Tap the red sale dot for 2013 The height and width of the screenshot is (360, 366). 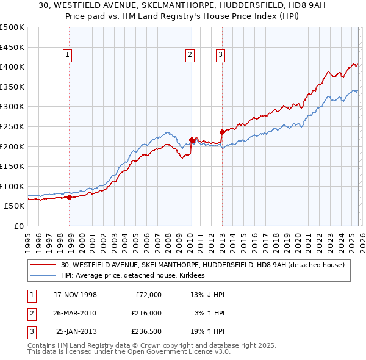tap(222, 131)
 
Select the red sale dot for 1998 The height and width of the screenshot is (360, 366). tap(69, 197)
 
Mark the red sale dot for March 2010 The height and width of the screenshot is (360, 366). tap(192, 140)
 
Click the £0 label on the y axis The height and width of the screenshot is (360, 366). tap(20, 226)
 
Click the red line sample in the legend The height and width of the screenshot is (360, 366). tap(45, 265)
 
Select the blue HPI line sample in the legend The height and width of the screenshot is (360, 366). tap(45, 275)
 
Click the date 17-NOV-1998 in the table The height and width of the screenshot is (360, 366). tap(76, 295)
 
